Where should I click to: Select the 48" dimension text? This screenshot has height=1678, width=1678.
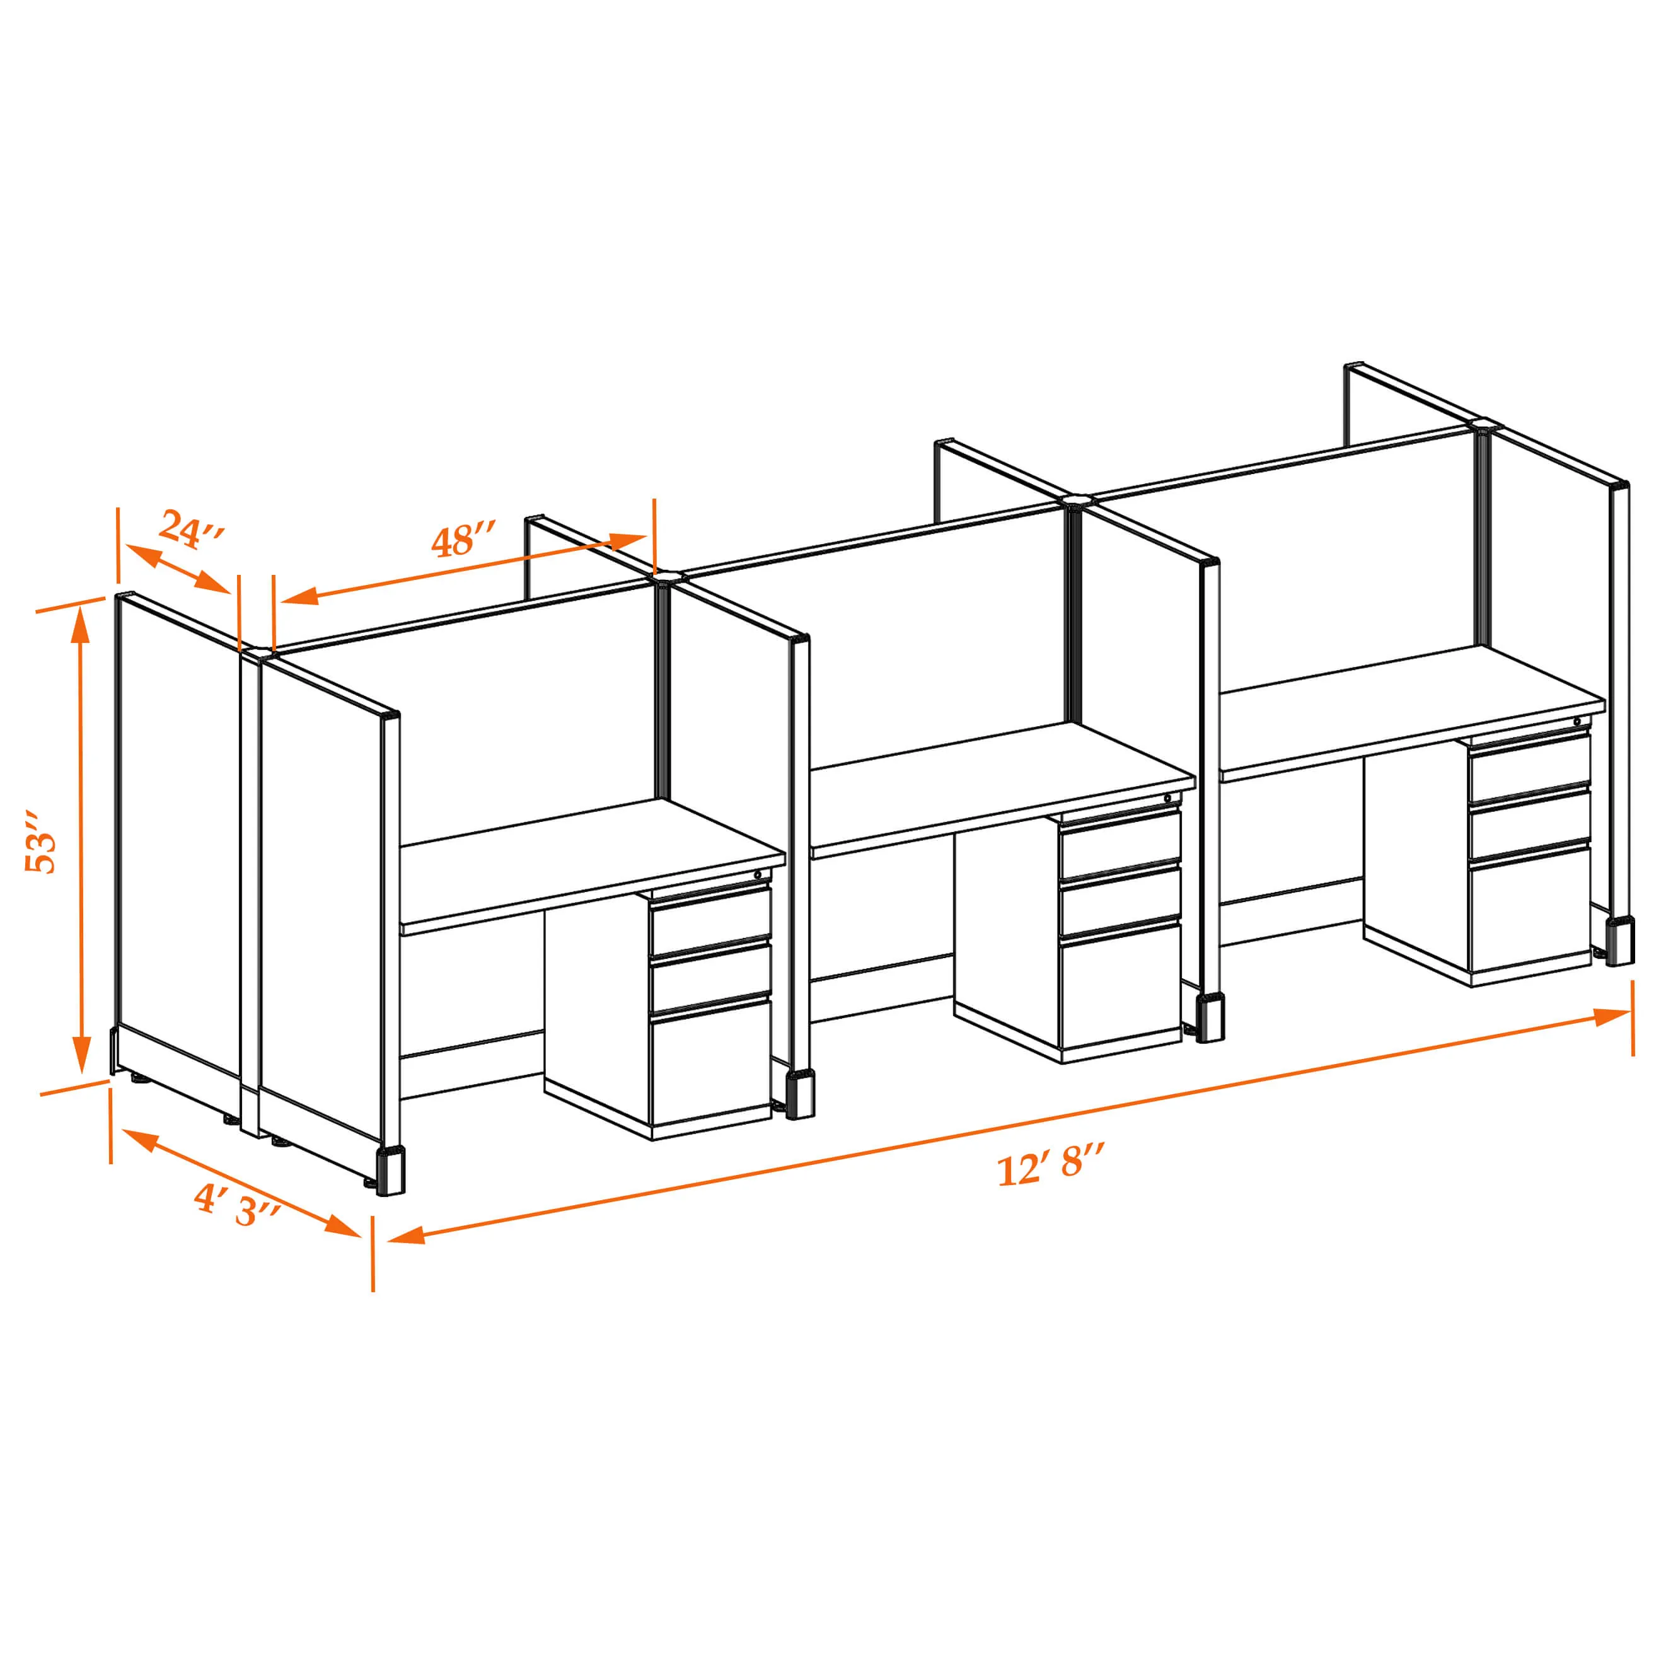[x=464, y=540]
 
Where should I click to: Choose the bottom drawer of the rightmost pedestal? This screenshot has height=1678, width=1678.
[x=1529, y=910]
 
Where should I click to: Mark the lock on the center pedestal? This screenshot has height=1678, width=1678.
[x=1167, y=798]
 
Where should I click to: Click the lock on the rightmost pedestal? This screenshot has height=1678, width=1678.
[x=1577, y=722]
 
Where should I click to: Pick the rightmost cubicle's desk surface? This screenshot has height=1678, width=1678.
[x=1411, y=709]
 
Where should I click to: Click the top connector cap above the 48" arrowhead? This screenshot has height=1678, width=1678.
[x=668, y=575]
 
